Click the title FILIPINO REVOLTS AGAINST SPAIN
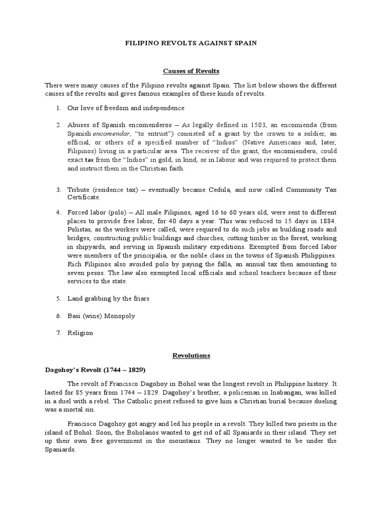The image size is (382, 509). [x=191, y=43]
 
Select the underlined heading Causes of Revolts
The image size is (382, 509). [x=191, y=71]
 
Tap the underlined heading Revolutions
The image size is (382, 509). [x=191, y=355]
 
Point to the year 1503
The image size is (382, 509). [x=260, y=123]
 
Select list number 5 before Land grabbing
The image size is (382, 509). [x=58, y=298]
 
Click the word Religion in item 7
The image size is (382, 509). [x=80, y=333]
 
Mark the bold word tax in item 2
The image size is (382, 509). [x=90, y=160]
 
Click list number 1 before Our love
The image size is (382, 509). [x=58, y=107]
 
